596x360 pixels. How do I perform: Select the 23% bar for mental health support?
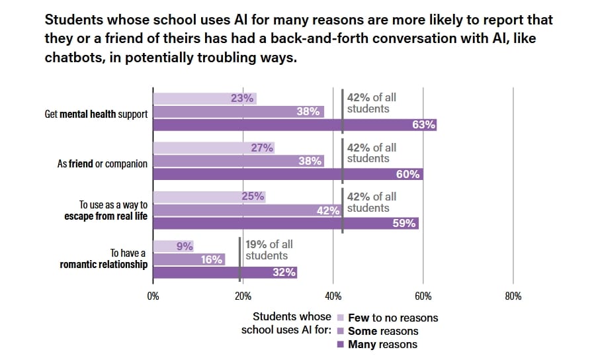tap(204, 99)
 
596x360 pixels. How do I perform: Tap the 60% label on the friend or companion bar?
tap(408, 174)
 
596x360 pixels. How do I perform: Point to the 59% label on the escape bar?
tap(404, 223)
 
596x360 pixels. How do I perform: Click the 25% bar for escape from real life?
tap(209, 197)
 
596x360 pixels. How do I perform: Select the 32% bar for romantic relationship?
tap(225, 272)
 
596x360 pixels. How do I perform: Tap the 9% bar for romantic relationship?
tap(173, 246)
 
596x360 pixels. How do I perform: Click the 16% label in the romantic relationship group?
tap(212, 259)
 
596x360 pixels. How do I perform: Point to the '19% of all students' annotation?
tap(269, 250)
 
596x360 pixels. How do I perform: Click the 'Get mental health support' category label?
tap(96, 114)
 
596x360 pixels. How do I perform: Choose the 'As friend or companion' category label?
tap(103, 163)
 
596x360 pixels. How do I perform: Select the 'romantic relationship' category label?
tap(103, 265)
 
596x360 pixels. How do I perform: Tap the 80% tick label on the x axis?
tap(513, 296)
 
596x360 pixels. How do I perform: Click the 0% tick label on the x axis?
tap(153, 296)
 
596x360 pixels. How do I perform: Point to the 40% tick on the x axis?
tap(333, 296)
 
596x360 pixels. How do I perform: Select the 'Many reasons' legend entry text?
tap(382, 344)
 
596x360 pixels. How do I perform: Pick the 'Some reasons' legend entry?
tap(383, 331)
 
